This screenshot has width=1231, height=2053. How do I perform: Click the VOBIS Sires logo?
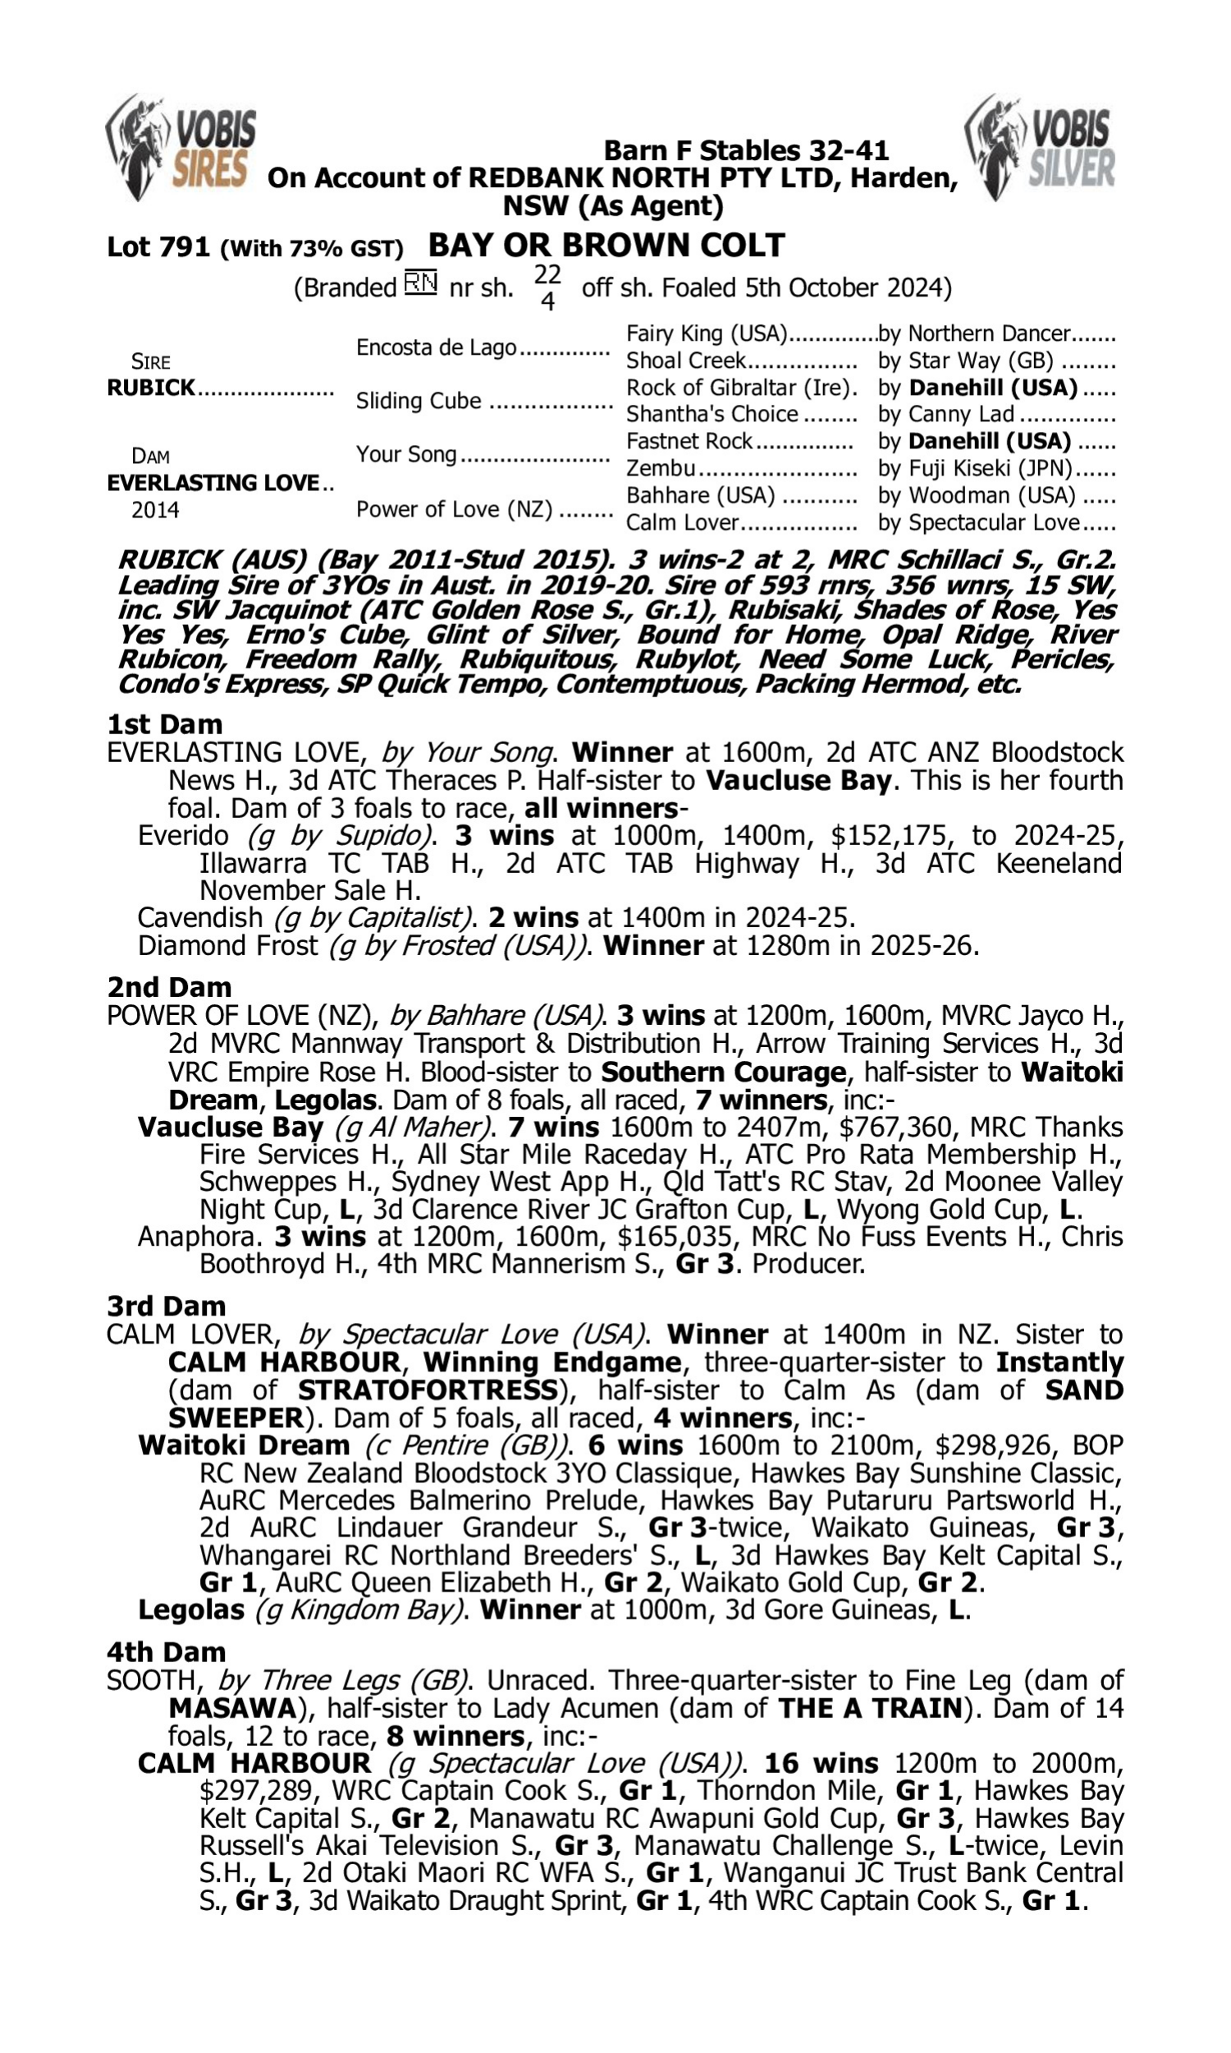click(181, 147)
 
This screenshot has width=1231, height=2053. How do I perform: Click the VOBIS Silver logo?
click(1040, 147)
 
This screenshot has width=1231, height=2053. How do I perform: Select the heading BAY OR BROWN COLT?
click(606, 246)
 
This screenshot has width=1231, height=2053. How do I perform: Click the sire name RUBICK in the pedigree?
click(151, 388)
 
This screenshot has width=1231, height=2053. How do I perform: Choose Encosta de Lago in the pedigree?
click(437, 347)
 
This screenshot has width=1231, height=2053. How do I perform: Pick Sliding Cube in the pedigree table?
click(418, 401)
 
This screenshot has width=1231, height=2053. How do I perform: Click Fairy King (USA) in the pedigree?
click(706, 333)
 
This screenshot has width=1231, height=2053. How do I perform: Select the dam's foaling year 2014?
click(155, 509)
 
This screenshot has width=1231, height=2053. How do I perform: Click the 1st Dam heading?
click(164, 724)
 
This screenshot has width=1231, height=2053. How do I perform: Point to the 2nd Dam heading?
click(169, 988)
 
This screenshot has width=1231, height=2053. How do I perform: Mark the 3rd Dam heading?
click(166, 1307)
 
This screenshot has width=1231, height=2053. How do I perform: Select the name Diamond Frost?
click(227, 946)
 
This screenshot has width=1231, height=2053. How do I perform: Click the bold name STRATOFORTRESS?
click(428, 1390)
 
